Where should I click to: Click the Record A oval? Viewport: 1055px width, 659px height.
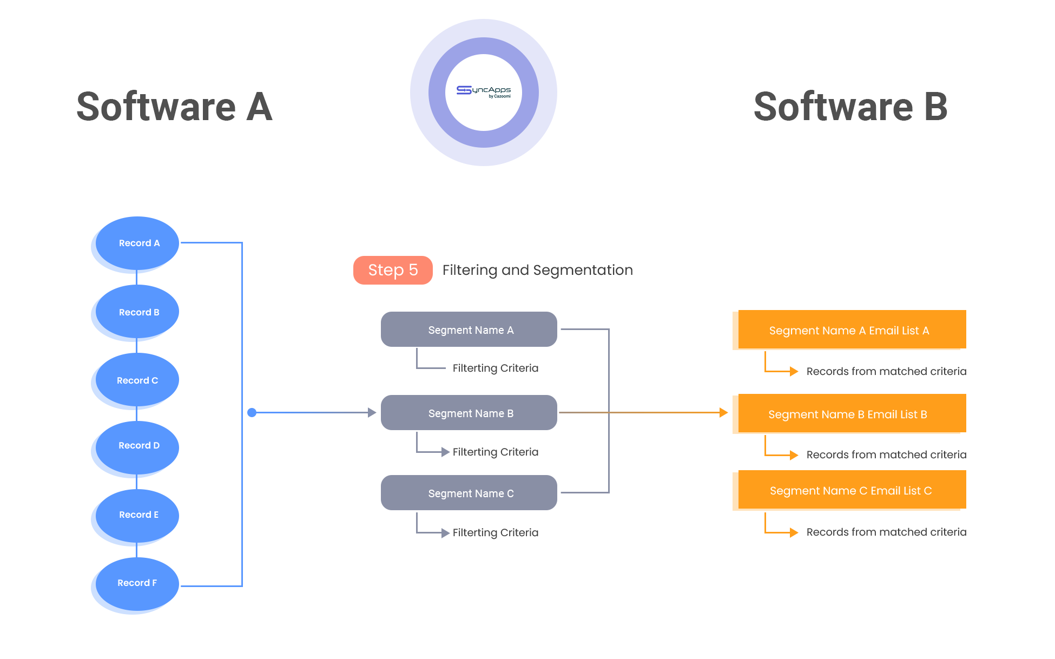point(137,243)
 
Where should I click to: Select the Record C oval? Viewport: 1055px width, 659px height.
point(137,380)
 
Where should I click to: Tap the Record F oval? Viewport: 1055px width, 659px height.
point(137,583)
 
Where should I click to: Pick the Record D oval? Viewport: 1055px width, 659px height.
point(137,446)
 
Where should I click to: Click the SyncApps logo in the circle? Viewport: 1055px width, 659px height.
point(483,92)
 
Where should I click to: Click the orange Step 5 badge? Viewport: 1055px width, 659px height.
point(393,270)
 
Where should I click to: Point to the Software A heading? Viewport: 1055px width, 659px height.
point(174,107)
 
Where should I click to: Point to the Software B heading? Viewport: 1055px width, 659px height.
point(850,107)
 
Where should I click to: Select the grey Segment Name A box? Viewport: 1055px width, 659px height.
point(469,329)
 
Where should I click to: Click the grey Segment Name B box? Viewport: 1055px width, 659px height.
point(469,413)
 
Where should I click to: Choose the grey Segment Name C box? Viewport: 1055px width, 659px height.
point(469,493)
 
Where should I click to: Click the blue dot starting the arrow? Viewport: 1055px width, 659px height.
point(252,413)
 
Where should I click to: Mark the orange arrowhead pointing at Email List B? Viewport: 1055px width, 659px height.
point(723,413)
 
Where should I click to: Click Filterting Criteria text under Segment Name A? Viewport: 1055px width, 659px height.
point(495,368)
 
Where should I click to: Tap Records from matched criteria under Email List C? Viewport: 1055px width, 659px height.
point(886,532)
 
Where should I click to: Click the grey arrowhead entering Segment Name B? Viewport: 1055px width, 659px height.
point(372,413)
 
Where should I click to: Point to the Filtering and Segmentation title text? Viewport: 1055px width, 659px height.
point(537,270)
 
